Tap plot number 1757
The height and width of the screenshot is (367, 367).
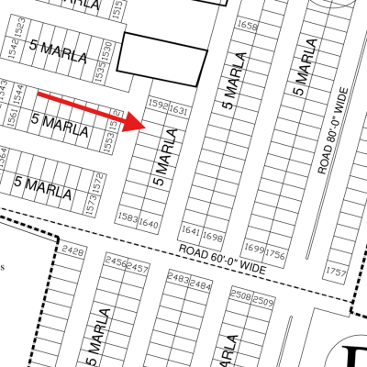[x=337, y=272]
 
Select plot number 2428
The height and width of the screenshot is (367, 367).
[x=72, y=250]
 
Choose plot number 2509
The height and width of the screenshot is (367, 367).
[x=263, y=300]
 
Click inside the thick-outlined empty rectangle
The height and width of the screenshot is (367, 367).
[x=163, y=59]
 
